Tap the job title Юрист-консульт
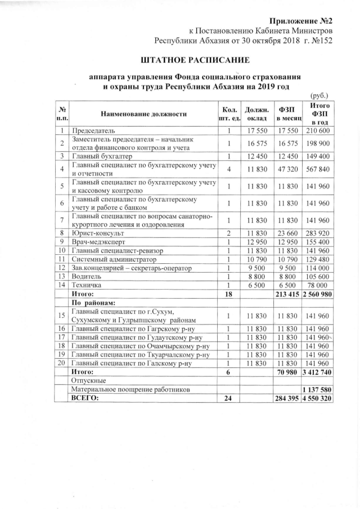pos(98,232)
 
